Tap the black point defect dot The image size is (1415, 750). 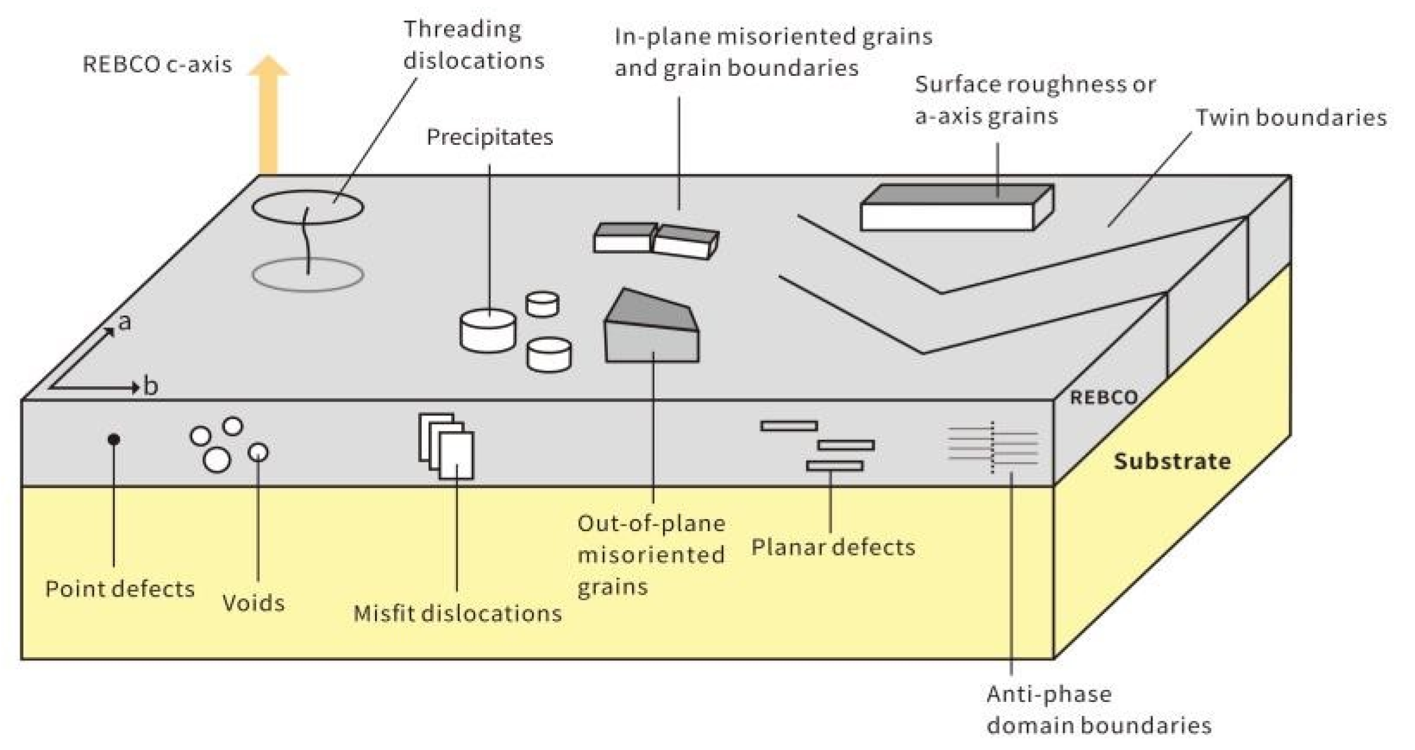114,439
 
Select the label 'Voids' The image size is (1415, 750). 254,603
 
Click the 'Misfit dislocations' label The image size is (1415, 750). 457,613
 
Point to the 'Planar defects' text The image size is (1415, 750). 833,547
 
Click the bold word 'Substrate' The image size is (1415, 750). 1172,461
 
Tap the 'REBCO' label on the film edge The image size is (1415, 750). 1104,398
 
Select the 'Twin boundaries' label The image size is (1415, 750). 1290,118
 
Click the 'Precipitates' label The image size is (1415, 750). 490,137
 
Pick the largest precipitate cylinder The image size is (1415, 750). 488,330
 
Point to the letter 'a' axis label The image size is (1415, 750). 125,323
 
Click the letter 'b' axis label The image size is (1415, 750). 151,386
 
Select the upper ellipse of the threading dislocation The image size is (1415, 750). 308,207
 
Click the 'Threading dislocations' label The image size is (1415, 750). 473,45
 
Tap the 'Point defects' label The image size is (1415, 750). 120,589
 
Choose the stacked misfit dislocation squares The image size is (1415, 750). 447,446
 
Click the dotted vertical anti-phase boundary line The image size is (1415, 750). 992,448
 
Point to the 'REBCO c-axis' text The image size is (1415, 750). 158,65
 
